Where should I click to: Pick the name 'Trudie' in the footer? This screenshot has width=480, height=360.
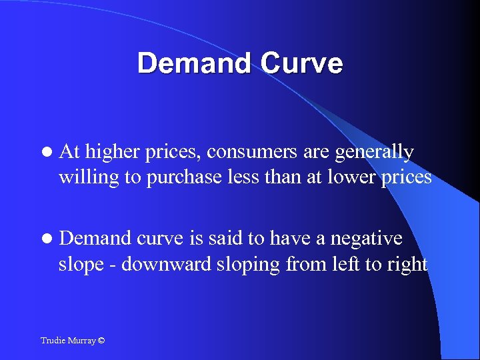click(53, 341)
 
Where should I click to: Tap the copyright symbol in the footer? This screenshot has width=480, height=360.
click(101, 341)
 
